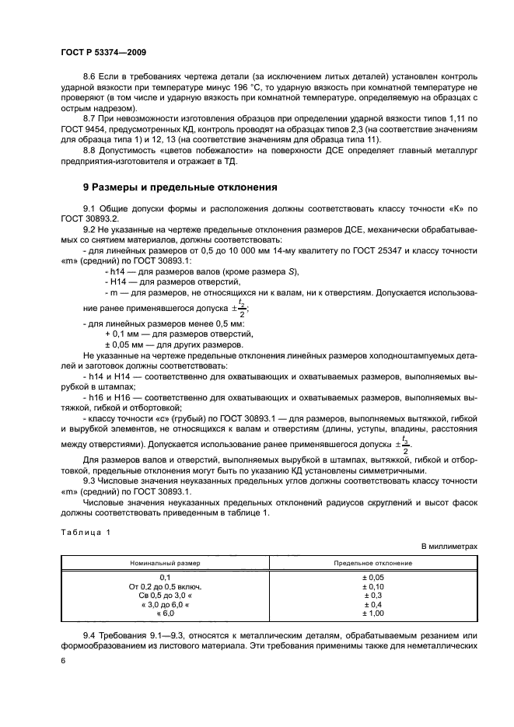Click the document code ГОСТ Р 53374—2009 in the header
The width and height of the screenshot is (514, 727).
(103, 51)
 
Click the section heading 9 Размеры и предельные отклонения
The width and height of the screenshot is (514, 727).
(180, 187)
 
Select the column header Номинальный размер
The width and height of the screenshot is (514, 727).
(165, 561)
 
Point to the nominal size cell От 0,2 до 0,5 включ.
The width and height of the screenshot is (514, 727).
(165, 586)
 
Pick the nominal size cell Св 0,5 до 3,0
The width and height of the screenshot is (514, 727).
(165, 596)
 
